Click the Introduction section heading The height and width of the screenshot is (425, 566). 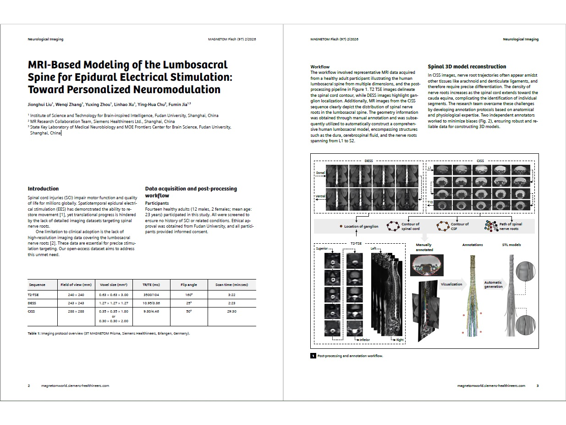pos(43,189)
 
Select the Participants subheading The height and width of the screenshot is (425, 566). pos(157,203)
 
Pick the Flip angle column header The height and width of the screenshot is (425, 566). pos(188,285)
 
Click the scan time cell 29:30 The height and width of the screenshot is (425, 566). pos(231,311)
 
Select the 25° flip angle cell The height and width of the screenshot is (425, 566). pos(188,303)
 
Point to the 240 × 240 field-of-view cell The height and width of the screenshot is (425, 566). pos(76,295)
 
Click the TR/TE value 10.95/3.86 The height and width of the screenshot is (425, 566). pos(151,303)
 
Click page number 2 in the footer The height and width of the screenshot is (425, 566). pos(29,386)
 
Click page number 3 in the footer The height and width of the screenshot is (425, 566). pos(538,386)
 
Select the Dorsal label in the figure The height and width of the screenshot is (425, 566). pos(320,173)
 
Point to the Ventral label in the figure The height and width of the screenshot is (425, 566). pos(320,196)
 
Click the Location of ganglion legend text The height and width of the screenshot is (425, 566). pos(361,226)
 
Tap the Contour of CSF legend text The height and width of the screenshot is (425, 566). pos(459,226)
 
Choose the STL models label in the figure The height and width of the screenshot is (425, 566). pos(511,245)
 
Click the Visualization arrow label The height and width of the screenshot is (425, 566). pos(451,284)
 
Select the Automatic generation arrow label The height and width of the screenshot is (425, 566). pos(493,285)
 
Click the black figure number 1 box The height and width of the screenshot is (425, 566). pos(313,356)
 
